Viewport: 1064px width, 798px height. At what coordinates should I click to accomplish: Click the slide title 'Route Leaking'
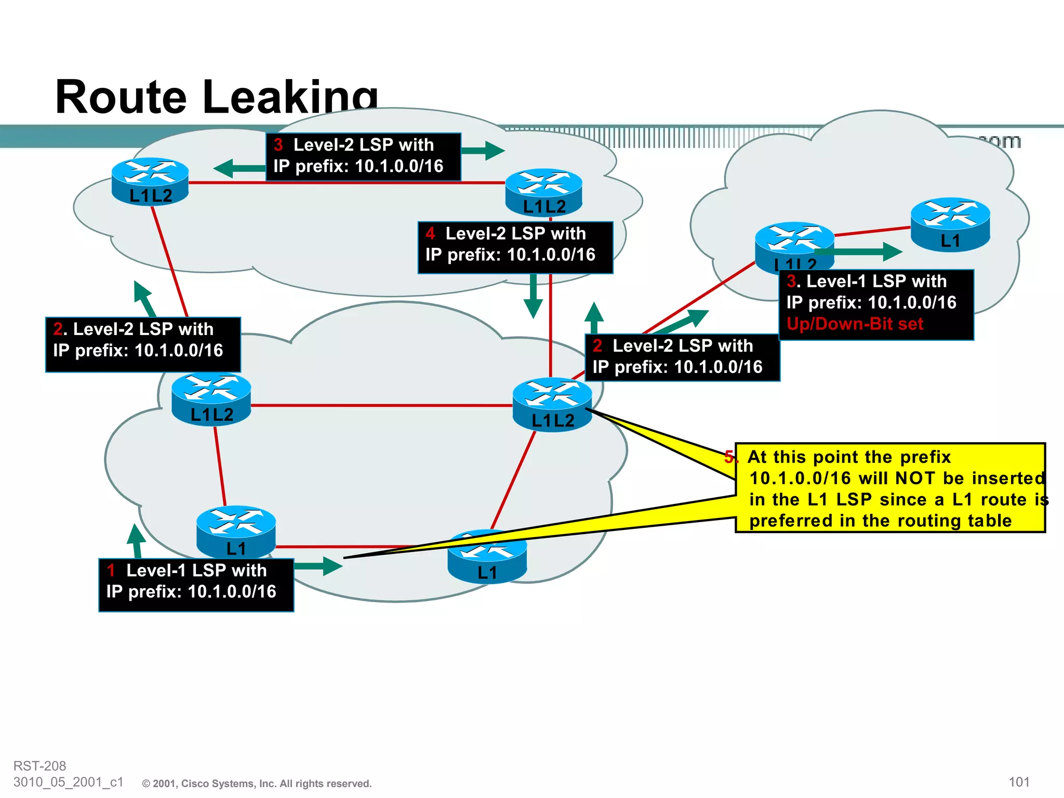tap(216, 97)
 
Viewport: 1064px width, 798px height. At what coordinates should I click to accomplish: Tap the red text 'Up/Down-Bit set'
tap(854, 324)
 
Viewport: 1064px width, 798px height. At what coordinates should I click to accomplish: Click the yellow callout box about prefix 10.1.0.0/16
tap(889, 488)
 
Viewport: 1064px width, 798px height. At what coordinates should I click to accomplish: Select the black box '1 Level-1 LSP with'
tap(196, 584)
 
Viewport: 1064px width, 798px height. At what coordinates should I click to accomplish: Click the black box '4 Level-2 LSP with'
tap(515, 247)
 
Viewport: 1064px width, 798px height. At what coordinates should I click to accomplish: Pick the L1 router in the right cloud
tap(950, 224)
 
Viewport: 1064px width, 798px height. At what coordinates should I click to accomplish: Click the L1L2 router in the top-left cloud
tap(150, 181)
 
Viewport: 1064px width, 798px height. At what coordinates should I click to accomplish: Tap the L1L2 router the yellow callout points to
tap(552, 404)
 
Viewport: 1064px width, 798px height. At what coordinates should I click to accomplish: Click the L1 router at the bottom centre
tap(487, 558)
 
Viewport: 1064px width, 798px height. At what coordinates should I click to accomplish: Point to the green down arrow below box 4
tap(533, 295)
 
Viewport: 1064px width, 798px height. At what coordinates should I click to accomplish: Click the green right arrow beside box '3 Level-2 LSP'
tap(483, 151)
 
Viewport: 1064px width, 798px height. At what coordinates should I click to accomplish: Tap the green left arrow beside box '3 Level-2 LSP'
tap(239, 168)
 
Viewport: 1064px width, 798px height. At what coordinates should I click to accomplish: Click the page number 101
tap(1018, 782)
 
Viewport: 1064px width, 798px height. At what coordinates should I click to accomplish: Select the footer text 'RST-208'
tap(39, 766)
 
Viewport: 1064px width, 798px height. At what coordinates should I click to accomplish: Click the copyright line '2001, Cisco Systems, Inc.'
tap(257, 783)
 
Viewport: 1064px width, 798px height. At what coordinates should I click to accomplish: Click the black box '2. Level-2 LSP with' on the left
tap(143, 344)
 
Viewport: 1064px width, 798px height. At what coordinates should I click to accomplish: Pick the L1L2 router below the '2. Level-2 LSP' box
tap(211, 399)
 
